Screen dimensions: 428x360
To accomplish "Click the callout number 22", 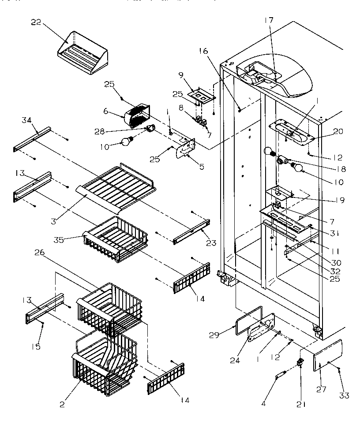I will coord(36,23).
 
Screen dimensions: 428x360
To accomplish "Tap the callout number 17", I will coord(269,20).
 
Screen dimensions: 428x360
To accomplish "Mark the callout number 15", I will coord(36,346).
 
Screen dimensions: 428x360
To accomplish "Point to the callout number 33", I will coord(344,395).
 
